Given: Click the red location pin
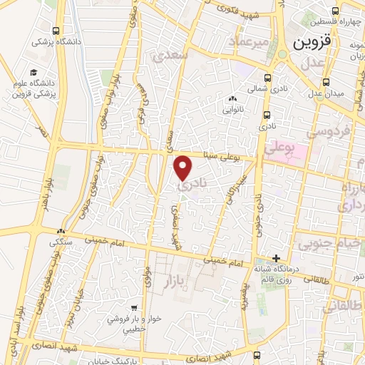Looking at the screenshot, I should pos(183,167).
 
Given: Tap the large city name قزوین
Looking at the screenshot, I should pos(312,41).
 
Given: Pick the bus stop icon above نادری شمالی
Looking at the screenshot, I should pos(267,78).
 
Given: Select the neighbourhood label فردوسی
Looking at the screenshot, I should pos(327,132).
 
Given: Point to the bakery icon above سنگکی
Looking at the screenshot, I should pos(61,232).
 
